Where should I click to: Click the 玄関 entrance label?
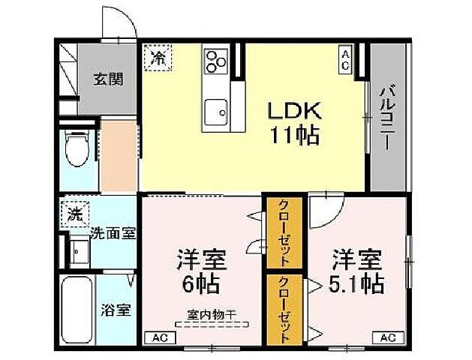point(108,78)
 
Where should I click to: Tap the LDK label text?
point(296,111)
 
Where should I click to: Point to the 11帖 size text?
point(296,136)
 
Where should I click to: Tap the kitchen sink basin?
point(218,112)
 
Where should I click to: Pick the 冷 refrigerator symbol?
point(158,57)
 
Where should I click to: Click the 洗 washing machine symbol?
point(74,213)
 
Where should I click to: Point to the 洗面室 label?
point(113,232)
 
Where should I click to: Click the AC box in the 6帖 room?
point(160,337)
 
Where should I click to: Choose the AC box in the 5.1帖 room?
point(386,337)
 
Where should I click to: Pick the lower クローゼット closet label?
point(284,310)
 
